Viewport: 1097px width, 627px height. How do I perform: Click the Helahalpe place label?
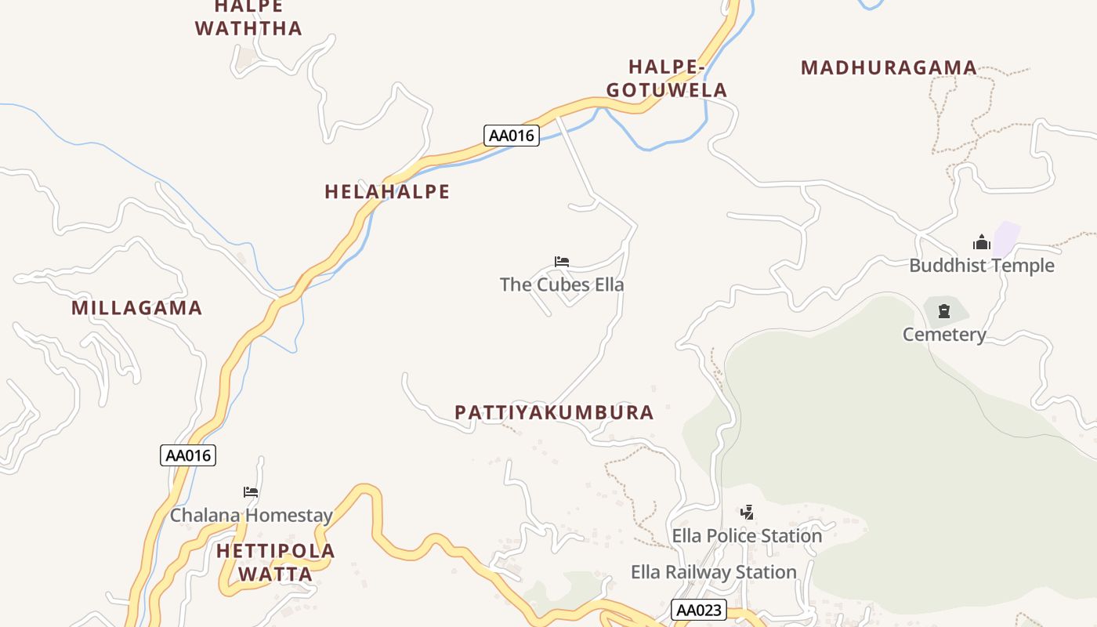coord(387,192)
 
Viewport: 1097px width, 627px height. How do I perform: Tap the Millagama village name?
coord(137,308)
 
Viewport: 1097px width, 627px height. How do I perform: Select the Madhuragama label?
coord(889,68)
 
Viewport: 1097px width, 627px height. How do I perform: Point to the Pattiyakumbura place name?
coord(554,413)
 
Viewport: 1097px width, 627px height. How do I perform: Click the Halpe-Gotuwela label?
coord(667,78)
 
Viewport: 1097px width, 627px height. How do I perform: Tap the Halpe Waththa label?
coord(248,18)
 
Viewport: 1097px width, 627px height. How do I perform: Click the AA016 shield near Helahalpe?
coord(511,136)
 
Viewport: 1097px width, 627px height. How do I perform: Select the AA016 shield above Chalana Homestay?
coord(188,455)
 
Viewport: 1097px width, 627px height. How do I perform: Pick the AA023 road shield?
coord(699,611)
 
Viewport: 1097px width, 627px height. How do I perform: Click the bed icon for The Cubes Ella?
coord(562,262)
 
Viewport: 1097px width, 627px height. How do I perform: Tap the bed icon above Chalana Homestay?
coord(251,492)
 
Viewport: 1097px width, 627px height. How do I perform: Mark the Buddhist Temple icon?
coord(982,243)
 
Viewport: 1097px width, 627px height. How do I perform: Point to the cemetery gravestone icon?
coord(944,311)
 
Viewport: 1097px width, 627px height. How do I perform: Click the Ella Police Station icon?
coord(747,513)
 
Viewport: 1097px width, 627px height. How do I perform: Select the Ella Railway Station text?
coord(713,572)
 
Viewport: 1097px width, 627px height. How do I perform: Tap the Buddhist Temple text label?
coord(981,266)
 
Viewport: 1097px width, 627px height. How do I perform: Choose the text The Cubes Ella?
coord(562,285)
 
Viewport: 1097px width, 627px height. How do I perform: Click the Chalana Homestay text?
coord(251,516)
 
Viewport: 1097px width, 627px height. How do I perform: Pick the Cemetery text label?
coord(944,335)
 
